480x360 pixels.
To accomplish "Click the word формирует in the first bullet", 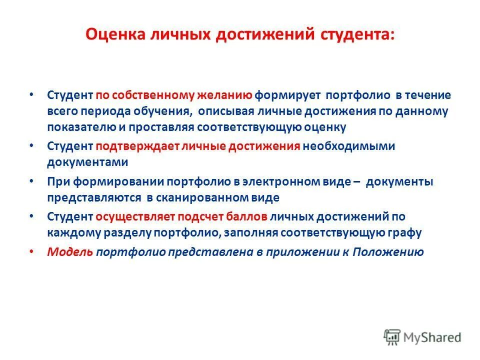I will point(281,95).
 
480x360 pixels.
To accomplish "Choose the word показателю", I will point(81,126).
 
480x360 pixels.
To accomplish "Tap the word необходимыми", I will point(348,146).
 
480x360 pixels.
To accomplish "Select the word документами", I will point(87,162).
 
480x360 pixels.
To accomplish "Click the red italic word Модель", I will point(69,252).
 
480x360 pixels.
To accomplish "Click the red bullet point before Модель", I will point(32,252).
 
